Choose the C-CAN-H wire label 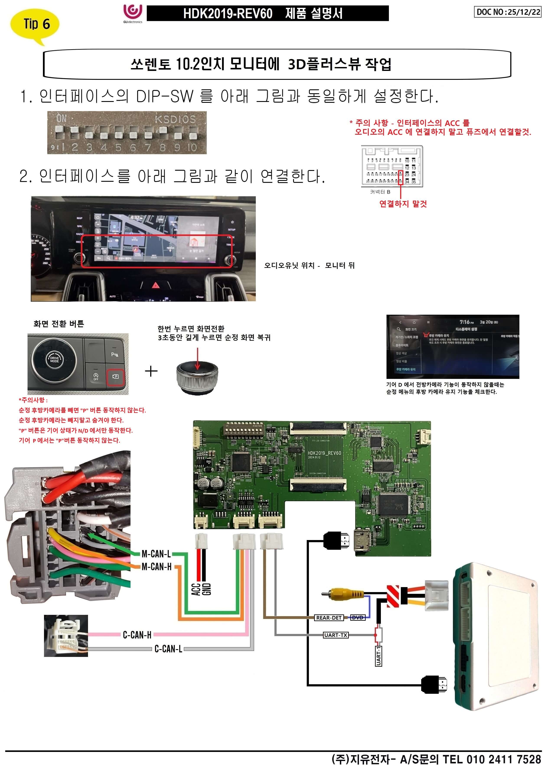[137, 635]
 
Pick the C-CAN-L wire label [168, 649]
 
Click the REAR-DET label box [329, 618]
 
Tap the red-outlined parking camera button [115, 376]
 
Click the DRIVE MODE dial [54, 360]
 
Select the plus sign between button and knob [151, 371]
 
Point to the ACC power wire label [196, 589]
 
